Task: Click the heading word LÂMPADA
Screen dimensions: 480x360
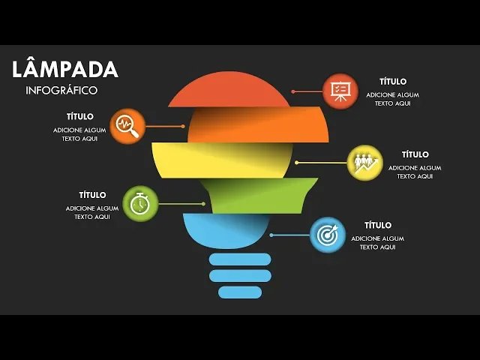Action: [65, 70]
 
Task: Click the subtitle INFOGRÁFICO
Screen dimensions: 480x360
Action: [61, 90]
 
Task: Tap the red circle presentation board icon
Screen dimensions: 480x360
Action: [340, 91]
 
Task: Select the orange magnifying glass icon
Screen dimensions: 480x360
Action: [127, 125]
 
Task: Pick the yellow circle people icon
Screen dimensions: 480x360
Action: [365, 162]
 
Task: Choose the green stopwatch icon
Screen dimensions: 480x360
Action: [139, 203]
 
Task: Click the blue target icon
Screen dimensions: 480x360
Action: [328, 235]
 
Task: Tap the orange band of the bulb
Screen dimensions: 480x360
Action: [259, 125]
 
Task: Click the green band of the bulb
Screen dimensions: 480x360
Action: [255, 195]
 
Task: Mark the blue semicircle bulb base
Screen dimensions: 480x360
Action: [225, 229]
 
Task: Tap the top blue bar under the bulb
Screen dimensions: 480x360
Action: [240, 259]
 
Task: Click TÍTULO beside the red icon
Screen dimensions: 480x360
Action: [392, 81]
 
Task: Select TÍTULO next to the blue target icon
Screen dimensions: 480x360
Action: [377, 225]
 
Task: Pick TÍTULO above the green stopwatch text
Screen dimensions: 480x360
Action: [92, 195]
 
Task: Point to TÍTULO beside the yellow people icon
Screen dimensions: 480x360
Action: [415, 154]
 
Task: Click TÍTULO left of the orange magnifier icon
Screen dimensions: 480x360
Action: [79, 116]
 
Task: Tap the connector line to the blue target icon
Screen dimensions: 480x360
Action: [289, 235]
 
